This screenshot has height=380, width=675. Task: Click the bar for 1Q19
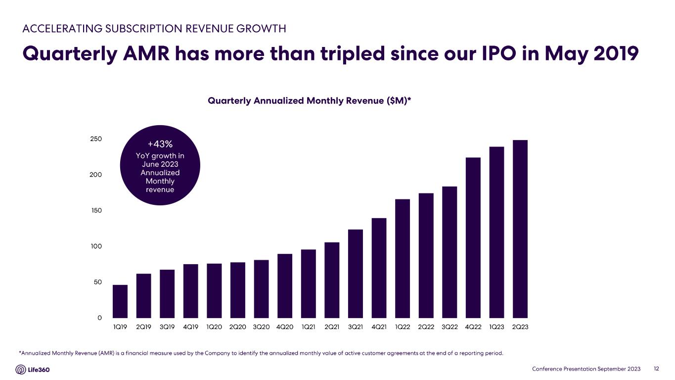coord(120,301)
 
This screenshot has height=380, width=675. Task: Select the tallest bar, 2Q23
coord(520,229)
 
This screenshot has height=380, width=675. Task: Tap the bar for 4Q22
coord(473,237)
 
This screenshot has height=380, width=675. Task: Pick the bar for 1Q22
coord(403,258)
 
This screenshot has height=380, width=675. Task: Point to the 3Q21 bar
coord(356,274)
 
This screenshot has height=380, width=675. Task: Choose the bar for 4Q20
coord(285,285)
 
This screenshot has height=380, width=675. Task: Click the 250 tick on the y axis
coord(95,139)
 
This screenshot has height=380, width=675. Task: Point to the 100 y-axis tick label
coord(95,246)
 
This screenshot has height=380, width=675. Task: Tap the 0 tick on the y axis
coord(99,318)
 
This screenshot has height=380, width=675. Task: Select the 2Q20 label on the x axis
coord(238,327)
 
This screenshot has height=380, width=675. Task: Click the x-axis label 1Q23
coord(496,327)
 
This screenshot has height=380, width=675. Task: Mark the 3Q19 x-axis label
coord(167,327)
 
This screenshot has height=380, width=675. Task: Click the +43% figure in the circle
coord(160,144)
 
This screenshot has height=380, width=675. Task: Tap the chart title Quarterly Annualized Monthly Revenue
coord(310,101)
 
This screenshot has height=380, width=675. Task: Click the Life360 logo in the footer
coord(33,370)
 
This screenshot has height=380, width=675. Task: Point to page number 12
coord(657,369)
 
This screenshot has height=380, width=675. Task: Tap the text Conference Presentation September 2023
coord(586,369)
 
